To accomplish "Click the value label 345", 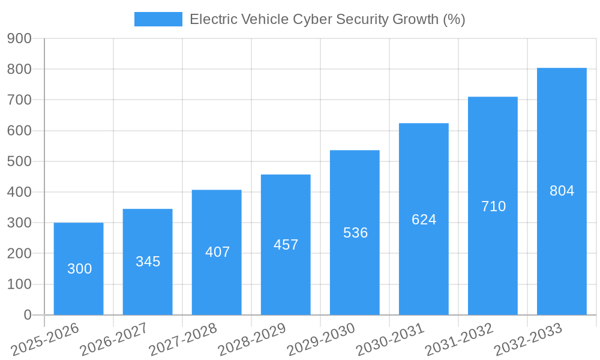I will tap(148, 262).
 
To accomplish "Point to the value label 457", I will tap(286, 245).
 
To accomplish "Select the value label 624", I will tap(424, 220).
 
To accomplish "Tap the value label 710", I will tap(493, 206).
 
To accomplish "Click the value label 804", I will tap(562, 191).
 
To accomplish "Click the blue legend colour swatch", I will tap(158, 19).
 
